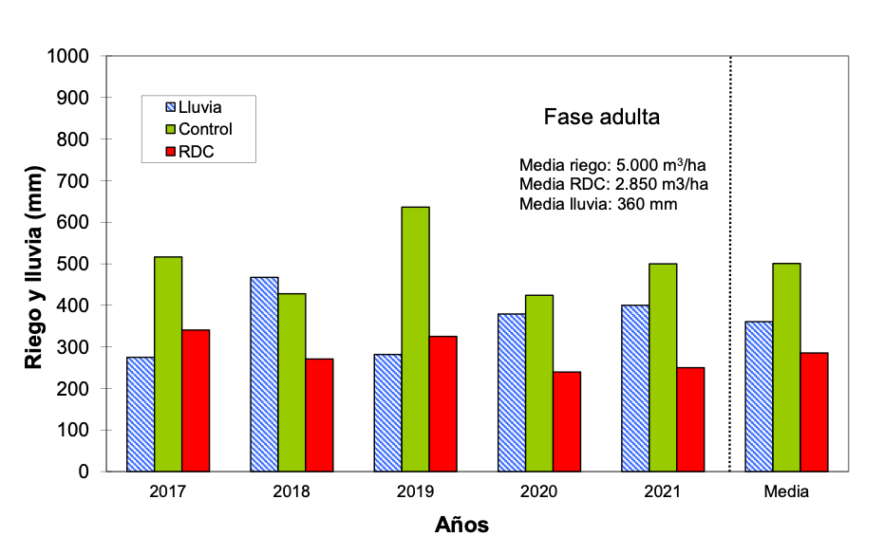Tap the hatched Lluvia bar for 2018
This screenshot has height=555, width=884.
(264, 374)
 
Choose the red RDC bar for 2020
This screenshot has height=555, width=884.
(567, 421)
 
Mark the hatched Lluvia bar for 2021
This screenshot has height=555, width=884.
(634, 388)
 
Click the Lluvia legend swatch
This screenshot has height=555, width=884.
(171, 108)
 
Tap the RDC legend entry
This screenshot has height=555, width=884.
(196, 150)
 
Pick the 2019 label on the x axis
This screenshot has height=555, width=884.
(415, 492)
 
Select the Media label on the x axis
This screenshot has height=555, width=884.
(786, 492)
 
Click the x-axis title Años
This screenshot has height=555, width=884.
(462, 525)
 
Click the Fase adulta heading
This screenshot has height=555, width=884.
(601, 118)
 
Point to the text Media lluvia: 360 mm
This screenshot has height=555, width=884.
(598, 204)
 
